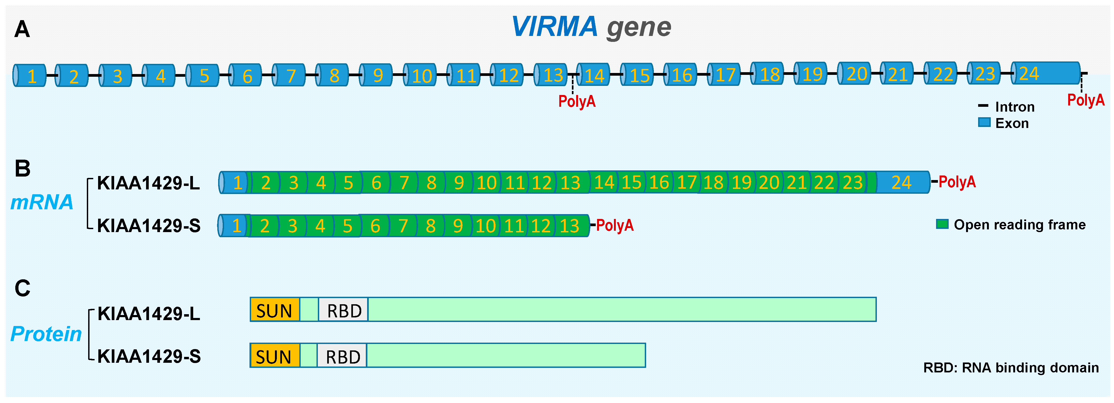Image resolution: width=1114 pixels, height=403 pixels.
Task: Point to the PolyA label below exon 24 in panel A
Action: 1085,100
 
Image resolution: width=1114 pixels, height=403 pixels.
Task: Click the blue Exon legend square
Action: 984,123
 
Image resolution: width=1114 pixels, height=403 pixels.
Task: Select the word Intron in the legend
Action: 1015,107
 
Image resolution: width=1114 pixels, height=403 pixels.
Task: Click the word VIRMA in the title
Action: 554,27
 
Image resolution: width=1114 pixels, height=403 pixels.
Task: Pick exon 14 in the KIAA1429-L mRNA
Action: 604,182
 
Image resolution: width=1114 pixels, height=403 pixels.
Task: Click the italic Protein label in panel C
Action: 46,334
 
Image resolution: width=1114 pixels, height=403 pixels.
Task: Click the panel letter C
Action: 23,288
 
